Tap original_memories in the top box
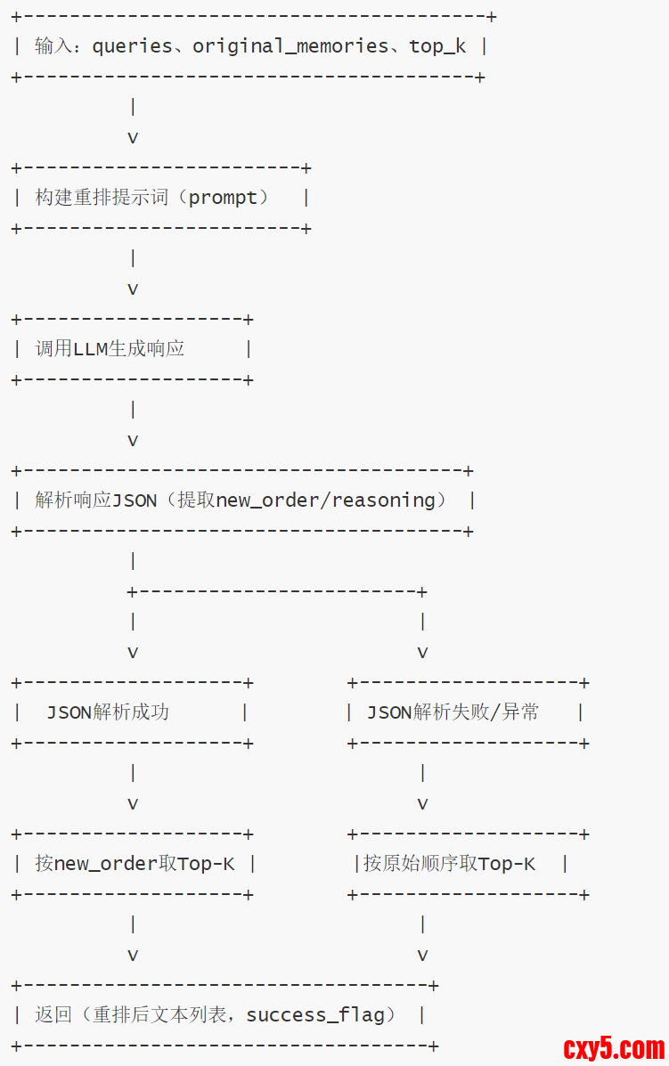290,46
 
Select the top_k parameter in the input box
436,46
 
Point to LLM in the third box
90,349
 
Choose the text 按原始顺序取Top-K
449,864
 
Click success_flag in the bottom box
314,1015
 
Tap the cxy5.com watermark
614,1048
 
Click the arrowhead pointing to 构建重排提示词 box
133,138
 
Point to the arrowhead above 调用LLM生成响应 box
133,289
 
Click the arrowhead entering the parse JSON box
133,441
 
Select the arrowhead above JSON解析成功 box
133,653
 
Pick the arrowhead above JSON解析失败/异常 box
422,653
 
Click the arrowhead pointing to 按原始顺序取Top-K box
422,804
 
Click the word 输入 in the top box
53,46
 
